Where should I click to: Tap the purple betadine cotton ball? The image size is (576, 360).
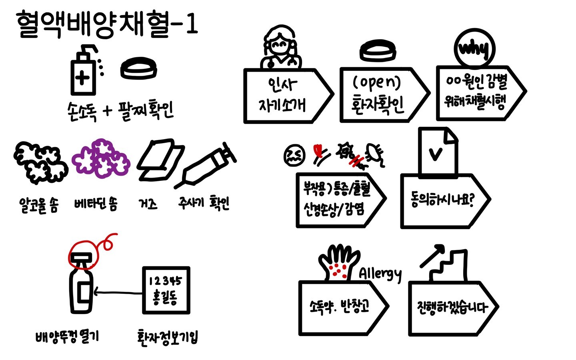pos(101,158)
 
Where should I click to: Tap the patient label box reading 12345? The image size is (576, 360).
pos(166,290)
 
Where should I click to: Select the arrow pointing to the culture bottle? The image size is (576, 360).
pos(118,293)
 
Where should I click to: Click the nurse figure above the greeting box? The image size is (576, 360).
pos(281,47)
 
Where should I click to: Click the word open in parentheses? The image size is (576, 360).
pos(377,82)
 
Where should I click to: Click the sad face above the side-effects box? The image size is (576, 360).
pos(294,155)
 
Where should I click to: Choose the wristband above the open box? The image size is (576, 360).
pos(378,51)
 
